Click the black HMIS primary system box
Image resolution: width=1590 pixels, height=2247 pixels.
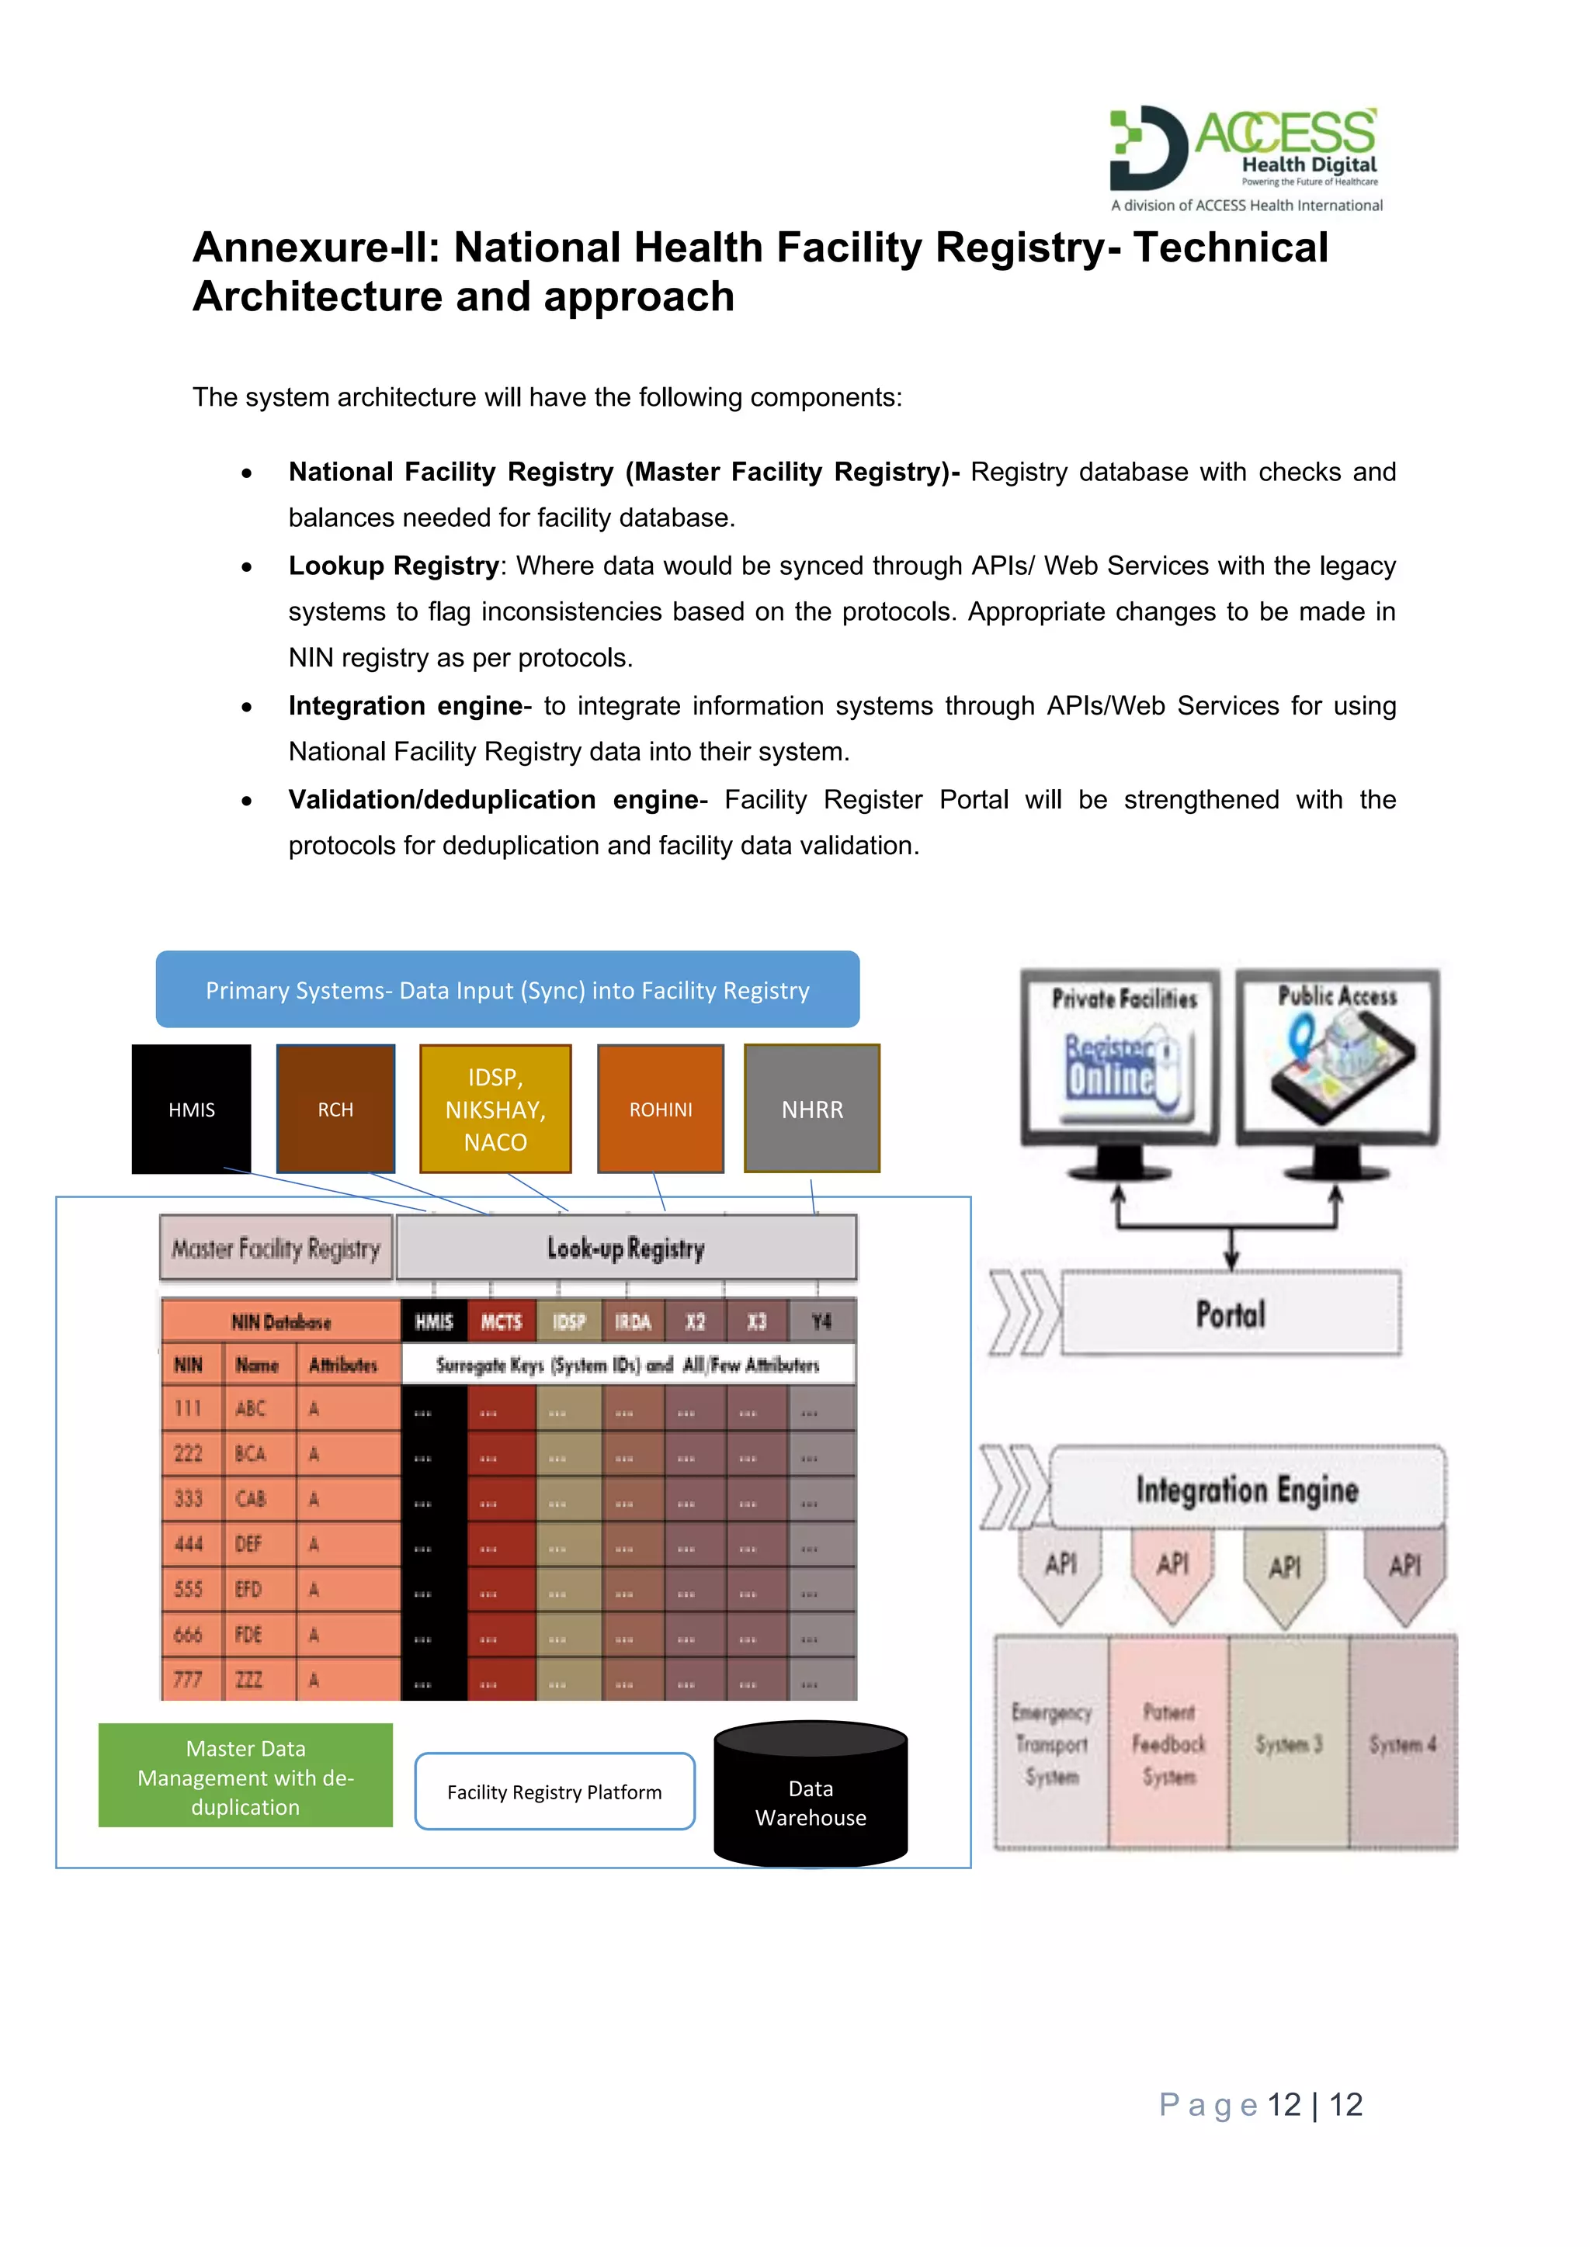pos(191,1109)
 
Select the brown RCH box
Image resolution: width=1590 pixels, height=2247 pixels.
pos(336,1109)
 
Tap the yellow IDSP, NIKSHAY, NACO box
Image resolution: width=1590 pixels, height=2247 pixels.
pos(495,1109)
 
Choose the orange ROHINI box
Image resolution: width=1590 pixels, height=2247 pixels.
pos(661,1109)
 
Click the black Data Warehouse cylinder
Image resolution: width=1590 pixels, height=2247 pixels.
pos(811,1802)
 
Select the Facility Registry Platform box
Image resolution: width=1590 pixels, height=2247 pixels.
pos(554,1791)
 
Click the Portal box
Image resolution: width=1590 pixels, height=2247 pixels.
pos(1231,1314)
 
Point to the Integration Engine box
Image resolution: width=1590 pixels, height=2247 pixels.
pos(1246,1488)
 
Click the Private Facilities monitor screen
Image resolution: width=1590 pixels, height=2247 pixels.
pos(1122,1055)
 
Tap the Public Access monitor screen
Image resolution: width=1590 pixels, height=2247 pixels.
pos(1338,1055)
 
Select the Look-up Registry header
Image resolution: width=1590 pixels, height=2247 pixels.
pos(627,1248)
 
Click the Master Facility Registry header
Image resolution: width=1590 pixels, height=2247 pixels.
pos(276,1248)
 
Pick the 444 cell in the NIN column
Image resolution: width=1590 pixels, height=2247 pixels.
pos(189,1543)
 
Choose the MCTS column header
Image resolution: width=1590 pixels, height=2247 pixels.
pos(502,1321)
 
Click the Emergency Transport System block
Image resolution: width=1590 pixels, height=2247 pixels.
pos(1051,1743)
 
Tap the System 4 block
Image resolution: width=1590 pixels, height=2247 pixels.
pos(1403,1743)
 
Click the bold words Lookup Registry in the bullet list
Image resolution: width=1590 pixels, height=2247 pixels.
pos(394,566)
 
